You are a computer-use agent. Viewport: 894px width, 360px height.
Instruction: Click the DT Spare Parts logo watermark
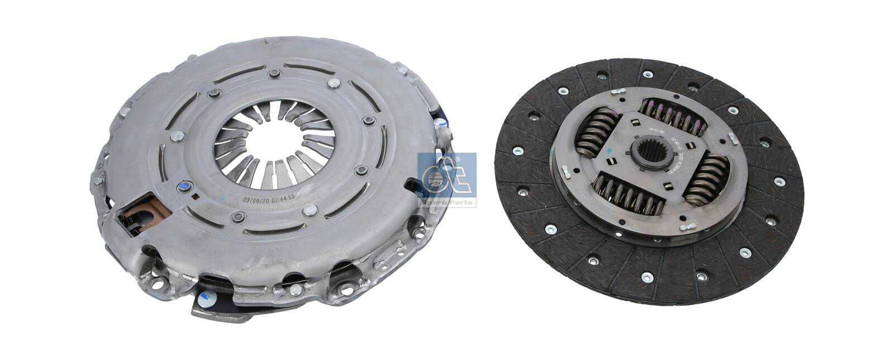[x=447, y=179]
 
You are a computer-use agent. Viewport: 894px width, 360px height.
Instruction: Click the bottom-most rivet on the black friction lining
[x=647, y=275]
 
